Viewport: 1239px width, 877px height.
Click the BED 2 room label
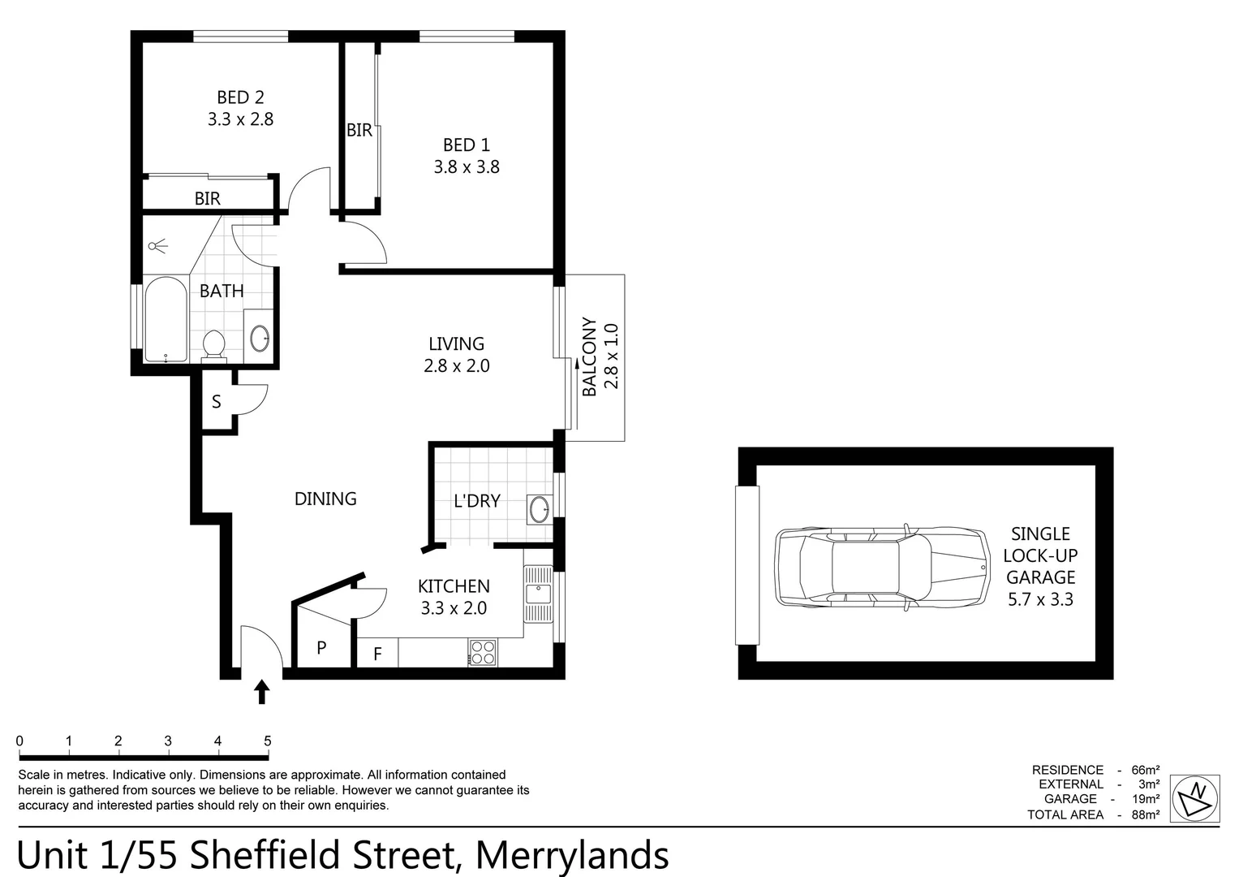241,97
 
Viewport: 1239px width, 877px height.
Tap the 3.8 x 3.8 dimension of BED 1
467,166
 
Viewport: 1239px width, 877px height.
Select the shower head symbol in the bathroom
158,246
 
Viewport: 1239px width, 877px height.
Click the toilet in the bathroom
213,346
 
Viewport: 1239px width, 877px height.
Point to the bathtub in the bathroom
166,319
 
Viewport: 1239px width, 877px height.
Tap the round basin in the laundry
539,509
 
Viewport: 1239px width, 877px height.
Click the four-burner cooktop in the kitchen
482,652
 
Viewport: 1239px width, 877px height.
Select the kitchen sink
538,594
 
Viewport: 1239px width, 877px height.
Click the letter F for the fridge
378,655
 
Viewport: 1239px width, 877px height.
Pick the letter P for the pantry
321,647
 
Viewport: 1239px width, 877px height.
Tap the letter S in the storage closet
217,401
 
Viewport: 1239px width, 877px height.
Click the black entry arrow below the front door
261,692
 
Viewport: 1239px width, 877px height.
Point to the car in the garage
882,568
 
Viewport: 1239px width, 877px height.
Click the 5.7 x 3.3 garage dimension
1040,599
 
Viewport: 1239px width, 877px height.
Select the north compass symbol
1194,797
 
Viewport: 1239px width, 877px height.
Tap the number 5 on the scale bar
268,741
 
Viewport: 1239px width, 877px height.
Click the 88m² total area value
1145,814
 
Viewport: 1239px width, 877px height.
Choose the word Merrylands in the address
572,855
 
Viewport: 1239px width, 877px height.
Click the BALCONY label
590,356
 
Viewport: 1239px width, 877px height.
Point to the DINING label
325,499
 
